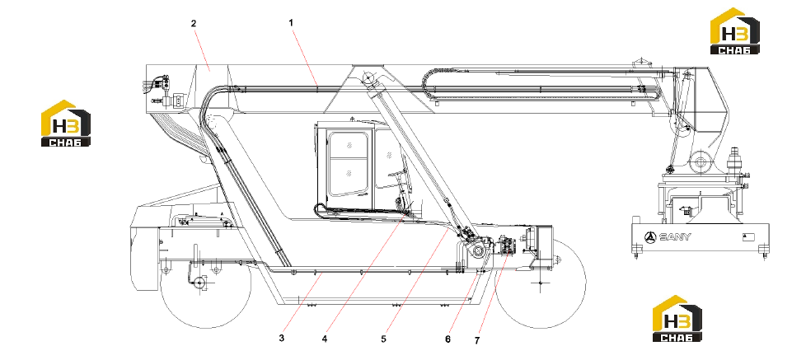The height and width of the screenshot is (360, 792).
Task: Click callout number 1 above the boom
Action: tap(291, 23)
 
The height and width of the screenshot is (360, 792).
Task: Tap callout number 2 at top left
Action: tap(194, 23)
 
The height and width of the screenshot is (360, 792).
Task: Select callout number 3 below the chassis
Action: tap(281, 338)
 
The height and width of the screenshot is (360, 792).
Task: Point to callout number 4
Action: tap(325, 339)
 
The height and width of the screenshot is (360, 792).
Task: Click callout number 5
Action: tap(384, 339)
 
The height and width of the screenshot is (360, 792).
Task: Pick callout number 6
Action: tap(448, 339)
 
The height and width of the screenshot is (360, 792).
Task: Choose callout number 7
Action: tap(477, 341)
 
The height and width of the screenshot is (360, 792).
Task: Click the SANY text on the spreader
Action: tap(675, 236)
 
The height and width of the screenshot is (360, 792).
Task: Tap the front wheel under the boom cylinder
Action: tap(541, 283)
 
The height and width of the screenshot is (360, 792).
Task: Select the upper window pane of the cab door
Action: tap(348, 146)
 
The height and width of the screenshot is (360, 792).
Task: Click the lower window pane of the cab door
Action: tap(348, 175)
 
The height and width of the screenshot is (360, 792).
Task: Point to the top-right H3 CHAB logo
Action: tap(735, 30)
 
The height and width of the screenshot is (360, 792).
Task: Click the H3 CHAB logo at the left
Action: tap(66, 124)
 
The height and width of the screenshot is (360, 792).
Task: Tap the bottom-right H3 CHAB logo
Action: tap(677, 319)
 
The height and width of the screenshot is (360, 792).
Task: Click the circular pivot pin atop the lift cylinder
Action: tap(368, 77)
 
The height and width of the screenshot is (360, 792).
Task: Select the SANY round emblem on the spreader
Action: tap(650, 236)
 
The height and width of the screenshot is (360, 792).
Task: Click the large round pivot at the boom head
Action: tap(700, 162)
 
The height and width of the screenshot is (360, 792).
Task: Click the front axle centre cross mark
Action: tap(541, 283)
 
